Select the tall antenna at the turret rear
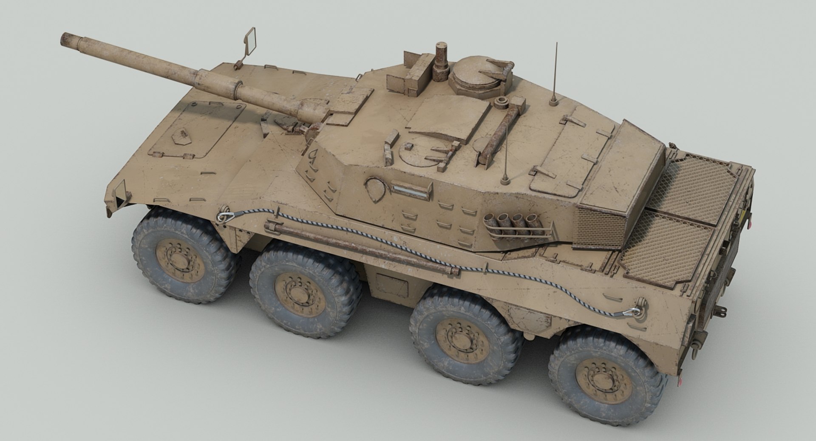(555, 72)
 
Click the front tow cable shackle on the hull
(222, 216)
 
